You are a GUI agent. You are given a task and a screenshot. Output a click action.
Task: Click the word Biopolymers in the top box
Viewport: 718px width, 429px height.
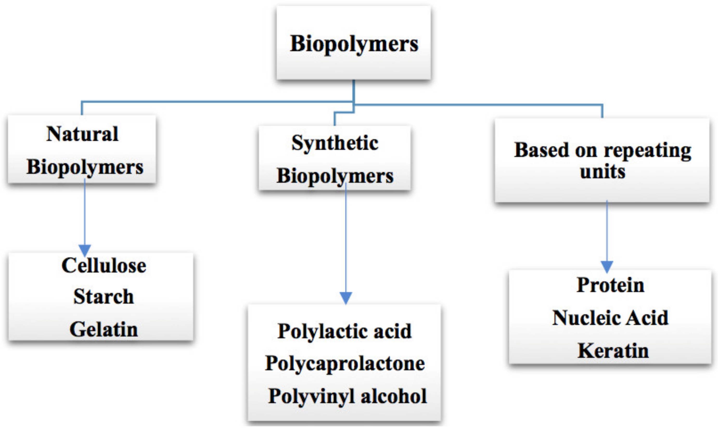(354, 44)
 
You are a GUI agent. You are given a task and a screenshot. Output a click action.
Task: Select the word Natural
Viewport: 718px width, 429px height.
(82, 134)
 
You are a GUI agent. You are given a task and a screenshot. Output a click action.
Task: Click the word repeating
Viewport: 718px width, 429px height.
(648, 151)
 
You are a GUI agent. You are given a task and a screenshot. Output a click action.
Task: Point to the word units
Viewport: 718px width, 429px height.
(602, 172)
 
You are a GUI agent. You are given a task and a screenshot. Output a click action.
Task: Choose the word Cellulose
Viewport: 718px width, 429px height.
(104, 265)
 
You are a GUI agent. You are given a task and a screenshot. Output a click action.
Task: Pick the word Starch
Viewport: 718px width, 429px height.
(104, 297)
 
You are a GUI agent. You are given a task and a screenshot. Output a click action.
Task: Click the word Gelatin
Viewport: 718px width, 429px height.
(104, 330)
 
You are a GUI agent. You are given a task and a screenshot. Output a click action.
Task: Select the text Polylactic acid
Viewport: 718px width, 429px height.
(344, 331)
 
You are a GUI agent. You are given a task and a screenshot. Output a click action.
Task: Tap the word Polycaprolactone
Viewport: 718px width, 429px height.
(344, 364)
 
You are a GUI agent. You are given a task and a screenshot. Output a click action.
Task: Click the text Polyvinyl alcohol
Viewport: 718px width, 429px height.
(347, 396)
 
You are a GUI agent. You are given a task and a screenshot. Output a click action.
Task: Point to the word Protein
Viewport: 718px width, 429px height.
(610, 285)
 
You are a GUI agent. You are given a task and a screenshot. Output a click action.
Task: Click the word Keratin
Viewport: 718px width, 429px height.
(613, 351)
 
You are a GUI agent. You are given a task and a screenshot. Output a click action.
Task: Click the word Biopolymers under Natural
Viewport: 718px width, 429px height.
(85, 167)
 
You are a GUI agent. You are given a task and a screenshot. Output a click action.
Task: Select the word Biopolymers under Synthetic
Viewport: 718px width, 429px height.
(335, 176)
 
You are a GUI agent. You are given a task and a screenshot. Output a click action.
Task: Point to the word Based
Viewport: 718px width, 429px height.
(541, 150)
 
